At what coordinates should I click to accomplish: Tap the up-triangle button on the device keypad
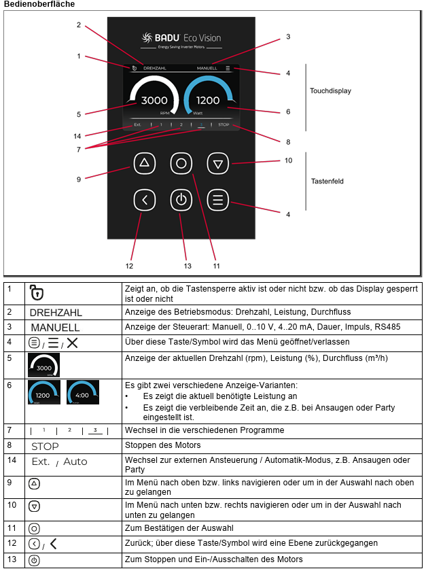pos(145,163)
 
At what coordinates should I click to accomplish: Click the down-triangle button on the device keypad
pos(217,164)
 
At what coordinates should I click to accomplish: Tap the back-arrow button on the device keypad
pos(145,200)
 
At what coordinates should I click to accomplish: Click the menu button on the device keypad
pos(217,200)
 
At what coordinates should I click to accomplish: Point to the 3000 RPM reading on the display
pos(154,100)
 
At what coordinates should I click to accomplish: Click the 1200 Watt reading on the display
pos(208,100)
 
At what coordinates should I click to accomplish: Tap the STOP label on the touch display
pos(224,124)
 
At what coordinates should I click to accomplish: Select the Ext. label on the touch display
pos(137,124)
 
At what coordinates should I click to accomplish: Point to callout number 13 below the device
pos(188,266)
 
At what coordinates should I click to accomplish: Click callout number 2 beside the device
pos(79,24)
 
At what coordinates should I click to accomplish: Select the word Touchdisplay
pos(330,90)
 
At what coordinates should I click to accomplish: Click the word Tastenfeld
pos(327,181)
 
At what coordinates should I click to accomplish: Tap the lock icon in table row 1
pos(37,292)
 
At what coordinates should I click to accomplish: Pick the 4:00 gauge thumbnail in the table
pos(83,392)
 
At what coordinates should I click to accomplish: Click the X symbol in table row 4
pos(72,343)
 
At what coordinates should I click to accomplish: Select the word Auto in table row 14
pos(75,462)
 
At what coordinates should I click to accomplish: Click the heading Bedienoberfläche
pos(39,4)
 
